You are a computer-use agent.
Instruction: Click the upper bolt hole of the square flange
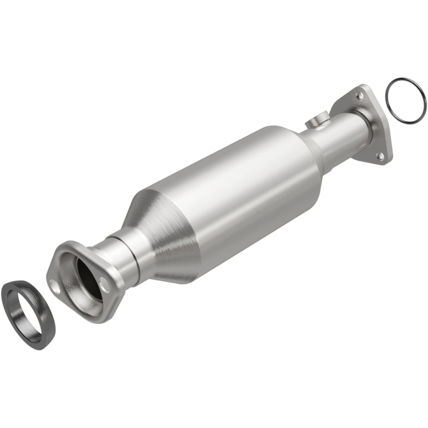click(x=360, y=96)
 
